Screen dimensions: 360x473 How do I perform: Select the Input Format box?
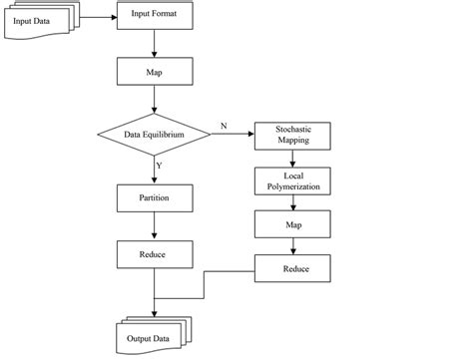(154, 17)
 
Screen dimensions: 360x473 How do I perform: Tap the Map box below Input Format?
(154, 73)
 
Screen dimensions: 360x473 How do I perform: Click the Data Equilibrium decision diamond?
(154, 133)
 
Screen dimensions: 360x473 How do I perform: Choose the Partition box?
(154, 197)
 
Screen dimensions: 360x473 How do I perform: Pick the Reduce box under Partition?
(154, 255)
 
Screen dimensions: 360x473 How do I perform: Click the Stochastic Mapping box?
(293, 136)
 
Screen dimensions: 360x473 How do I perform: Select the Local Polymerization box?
(293, 180)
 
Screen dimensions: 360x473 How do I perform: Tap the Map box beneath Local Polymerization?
(293, 224)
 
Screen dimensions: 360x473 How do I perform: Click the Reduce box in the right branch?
(293, 268)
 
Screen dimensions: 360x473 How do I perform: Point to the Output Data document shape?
(152, 335)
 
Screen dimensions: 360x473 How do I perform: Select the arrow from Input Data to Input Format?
(96, 17)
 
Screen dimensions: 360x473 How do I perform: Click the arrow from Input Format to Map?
(154, 44)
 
